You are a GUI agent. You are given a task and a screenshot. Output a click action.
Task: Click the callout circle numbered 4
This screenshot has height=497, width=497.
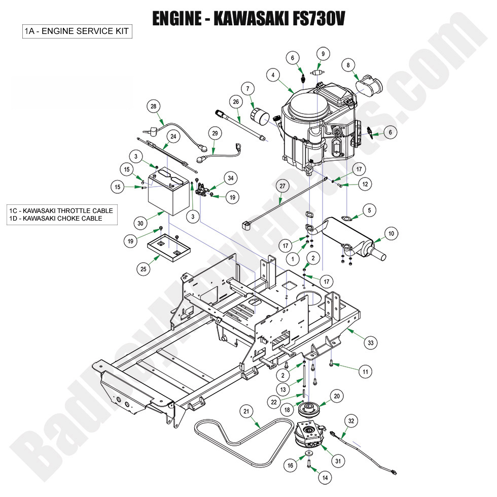273,76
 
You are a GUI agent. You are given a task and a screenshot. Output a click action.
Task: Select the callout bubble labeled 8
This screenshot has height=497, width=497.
347,65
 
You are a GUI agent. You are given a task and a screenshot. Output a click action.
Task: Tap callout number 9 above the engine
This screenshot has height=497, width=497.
323,53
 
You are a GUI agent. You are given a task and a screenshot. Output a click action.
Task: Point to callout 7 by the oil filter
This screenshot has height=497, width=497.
248,89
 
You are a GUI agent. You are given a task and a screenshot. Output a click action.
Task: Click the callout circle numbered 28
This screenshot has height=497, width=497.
154,106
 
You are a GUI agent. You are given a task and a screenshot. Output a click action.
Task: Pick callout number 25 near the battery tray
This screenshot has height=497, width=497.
144,269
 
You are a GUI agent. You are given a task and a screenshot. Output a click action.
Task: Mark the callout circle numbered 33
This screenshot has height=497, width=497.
372,343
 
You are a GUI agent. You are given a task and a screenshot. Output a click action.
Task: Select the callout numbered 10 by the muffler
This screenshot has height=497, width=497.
391,234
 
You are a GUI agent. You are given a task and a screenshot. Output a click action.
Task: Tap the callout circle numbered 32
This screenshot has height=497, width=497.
351,420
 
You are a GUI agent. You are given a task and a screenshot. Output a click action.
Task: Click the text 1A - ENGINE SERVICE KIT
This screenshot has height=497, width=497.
77,31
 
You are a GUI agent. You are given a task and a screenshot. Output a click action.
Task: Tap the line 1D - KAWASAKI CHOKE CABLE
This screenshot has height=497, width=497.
56,219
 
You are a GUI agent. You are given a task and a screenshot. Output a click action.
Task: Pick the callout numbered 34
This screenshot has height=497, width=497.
231,178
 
